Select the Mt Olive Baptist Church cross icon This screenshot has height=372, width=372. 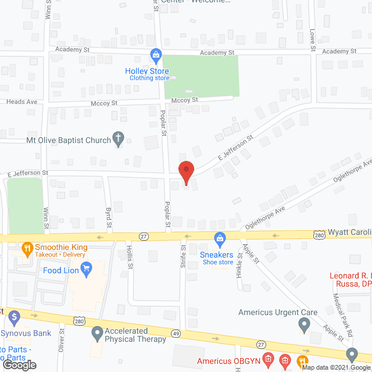click(x=118, y=139)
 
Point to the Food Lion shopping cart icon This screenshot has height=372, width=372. click(x=87, y=268)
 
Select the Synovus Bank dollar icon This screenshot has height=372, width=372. click(x=15, y=317)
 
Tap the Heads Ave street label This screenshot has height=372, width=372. click(x=22, y=102)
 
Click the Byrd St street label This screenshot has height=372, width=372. click(x=108, y=217)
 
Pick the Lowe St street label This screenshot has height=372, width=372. click(x=312, y=40)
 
